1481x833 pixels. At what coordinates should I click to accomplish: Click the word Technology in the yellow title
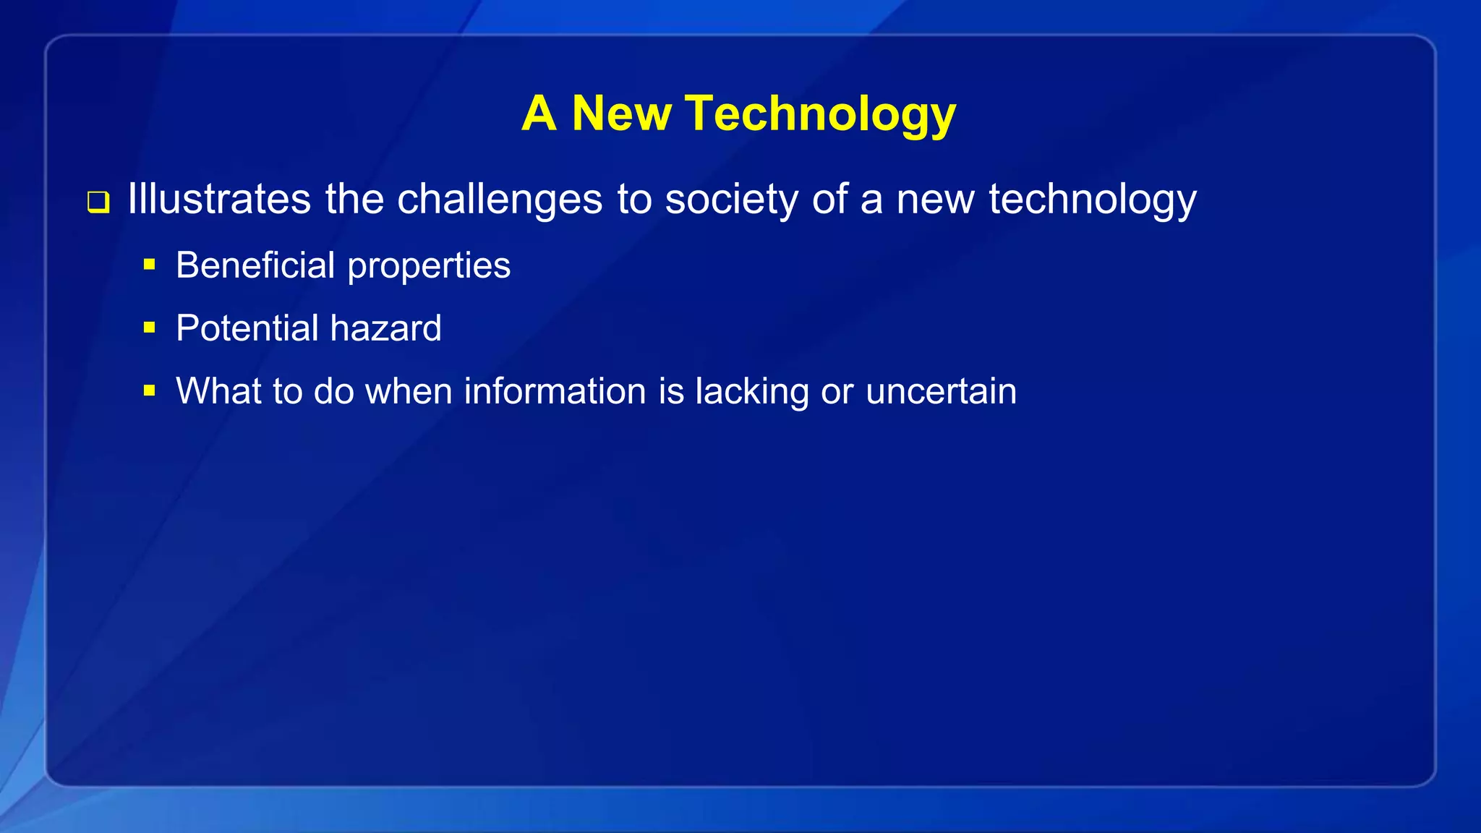[x=821, y=114]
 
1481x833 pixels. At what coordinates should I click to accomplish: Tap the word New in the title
[x=621, y=114]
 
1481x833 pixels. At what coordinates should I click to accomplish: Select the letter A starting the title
[x=539, y=114]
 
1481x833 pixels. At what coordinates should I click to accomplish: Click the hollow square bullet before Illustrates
[x=98, y=202]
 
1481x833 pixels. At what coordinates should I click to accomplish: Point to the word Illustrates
[x=219, y=199]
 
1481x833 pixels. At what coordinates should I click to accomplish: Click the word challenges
[x=500, y=199]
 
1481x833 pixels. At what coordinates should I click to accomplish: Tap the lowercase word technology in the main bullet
[x=1092, y=199]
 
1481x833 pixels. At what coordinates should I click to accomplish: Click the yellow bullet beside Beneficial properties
[x=150, y=265]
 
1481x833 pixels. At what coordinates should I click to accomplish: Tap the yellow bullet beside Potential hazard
[x=150, y=328]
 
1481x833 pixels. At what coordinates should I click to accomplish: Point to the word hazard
[x=385, y=328]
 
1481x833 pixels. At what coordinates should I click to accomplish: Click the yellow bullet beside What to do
[x=150, y=391]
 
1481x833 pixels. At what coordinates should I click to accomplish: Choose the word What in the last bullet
[x=218, y=391]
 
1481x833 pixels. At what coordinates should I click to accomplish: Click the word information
[x=555, y=391]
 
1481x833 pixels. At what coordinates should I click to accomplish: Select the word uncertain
[x=941, y=391]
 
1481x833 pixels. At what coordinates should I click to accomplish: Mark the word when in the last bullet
[x=409, y=391]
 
